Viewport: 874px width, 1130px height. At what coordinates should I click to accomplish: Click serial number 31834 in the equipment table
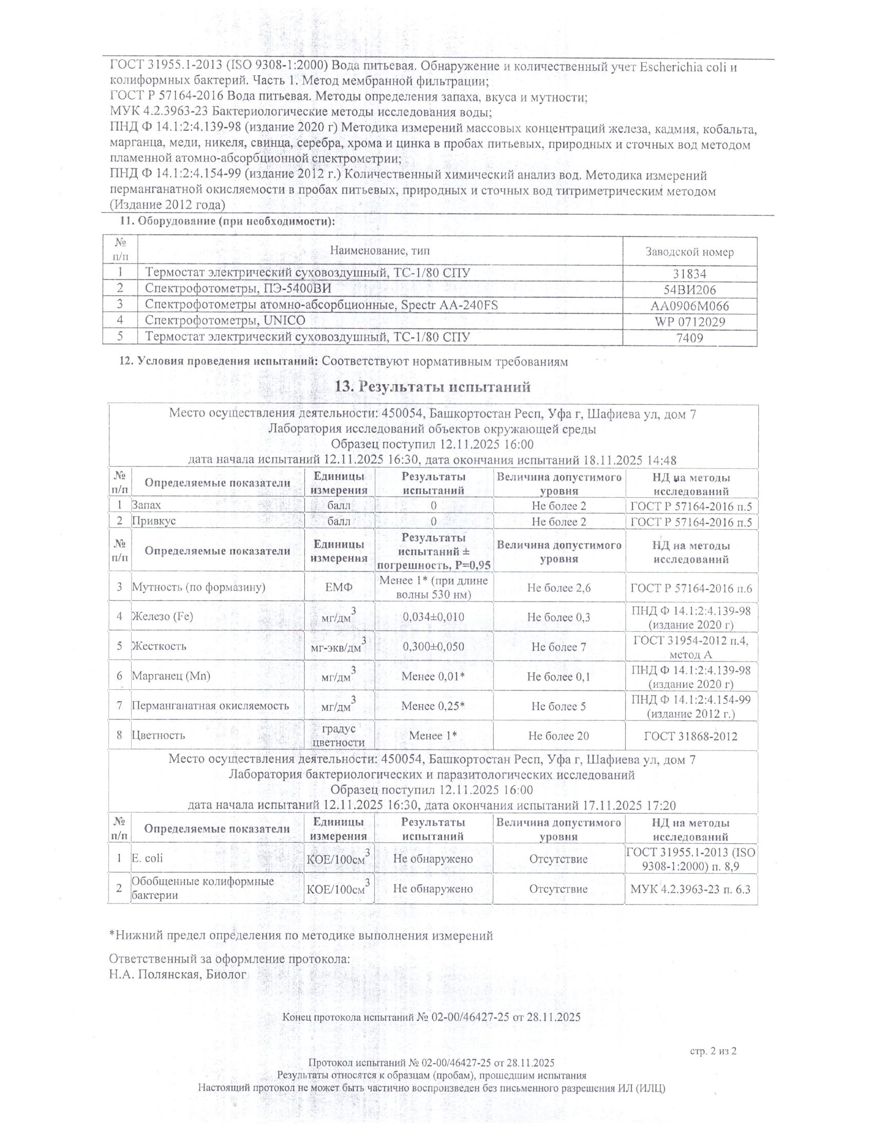[689, 274]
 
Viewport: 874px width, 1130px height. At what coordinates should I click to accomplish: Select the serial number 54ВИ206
[689, 290]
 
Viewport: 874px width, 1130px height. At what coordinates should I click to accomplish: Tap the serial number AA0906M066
[689, 306]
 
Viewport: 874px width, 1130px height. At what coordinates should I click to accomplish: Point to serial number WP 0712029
[689, 322]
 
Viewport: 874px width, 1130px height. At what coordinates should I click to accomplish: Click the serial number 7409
[689, 338]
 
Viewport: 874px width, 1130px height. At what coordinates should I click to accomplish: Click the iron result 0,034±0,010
[433, 617]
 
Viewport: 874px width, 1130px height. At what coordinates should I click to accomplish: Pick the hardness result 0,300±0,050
[433, 647]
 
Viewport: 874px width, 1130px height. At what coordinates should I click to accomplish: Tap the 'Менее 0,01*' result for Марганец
[433, 676]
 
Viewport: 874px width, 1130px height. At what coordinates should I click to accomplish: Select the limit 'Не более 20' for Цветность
[559, 736]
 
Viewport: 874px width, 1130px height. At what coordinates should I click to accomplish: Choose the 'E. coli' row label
[147, 858]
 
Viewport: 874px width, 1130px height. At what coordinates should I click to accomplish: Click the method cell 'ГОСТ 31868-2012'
[690, 736]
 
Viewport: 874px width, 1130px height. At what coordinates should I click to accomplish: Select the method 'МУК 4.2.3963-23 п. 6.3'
[690, 890]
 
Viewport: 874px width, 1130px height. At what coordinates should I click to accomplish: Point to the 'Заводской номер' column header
[689, 252]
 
